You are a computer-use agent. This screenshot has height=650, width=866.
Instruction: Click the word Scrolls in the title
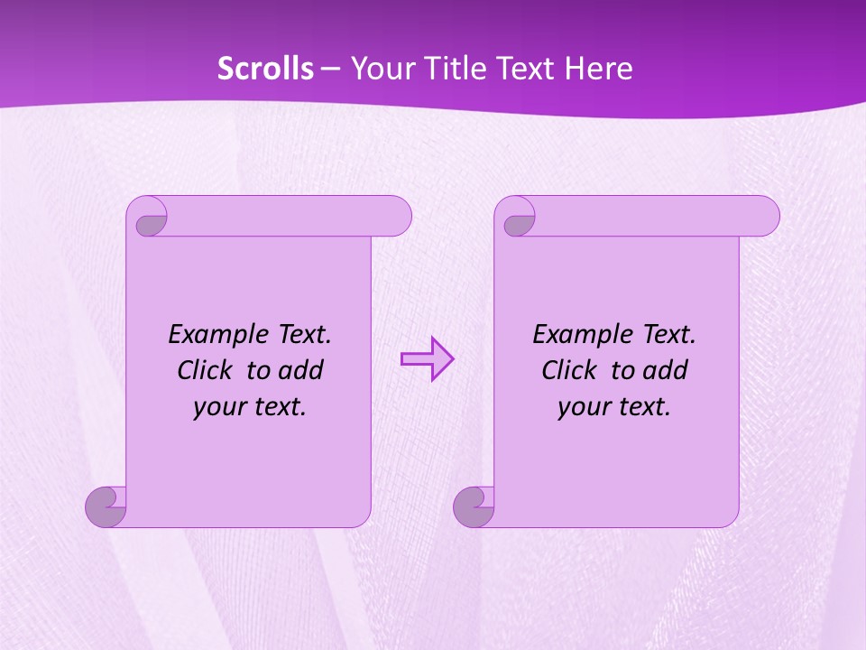(265, 69)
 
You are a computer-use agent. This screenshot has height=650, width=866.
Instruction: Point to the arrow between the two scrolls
(428, 359)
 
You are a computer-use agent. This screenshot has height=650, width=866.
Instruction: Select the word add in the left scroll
(301, 371)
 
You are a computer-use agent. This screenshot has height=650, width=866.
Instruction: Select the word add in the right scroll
(666, 371)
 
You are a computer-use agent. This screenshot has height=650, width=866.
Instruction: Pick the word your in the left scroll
(216, 408)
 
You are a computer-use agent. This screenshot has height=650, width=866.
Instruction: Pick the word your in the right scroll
(581, 408)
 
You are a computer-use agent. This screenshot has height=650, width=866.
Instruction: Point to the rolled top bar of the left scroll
(289, 216)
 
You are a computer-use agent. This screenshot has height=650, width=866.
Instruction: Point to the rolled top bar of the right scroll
(657, 216)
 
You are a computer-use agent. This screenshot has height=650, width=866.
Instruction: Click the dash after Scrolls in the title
(331, 69)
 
